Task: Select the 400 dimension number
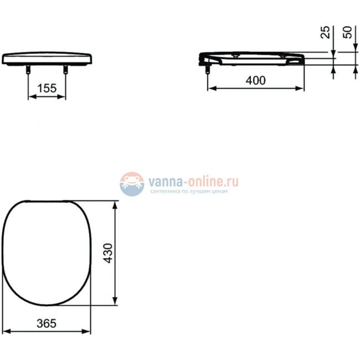255,80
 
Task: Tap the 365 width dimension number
47,323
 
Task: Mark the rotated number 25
326,32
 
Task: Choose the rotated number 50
347,32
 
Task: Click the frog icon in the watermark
132,183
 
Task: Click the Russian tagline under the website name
188,192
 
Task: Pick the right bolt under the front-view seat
66,70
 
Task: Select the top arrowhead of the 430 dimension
115,205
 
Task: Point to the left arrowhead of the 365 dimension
7,332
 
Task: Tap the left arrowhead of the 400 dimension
210,89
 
